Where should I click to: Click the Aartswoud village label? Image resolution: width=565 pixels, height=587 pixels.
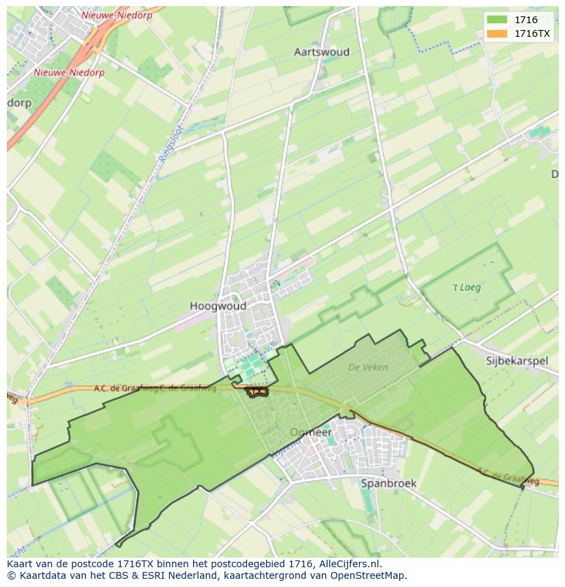pos(321,52)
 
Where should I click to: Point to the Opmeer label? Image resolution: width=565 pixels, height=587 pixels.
pos(310,432)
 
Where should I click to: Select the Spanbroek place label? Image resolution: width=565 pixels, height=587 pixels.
pos(388,483)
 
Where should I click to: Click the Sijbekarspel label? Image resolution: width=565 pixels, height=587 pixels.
pos(517,361)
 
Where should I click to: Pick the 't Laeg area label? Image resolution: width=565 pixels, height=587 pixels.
pos(467,287)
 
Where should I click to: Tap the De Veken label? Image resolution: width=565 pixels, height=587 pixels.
pos(368,367)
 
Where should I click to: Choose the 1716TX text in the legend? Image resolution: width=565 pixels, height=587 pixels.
pos(532,33)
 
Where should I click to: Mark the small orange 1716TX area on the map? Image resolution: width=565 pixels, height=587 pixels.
pos(257,391)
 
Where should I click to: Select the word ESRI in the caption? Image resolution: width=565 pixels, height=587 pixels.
pos(151,575)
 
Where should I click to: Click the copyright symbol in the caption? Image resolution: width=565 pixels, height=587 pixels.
pos(12,575)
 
